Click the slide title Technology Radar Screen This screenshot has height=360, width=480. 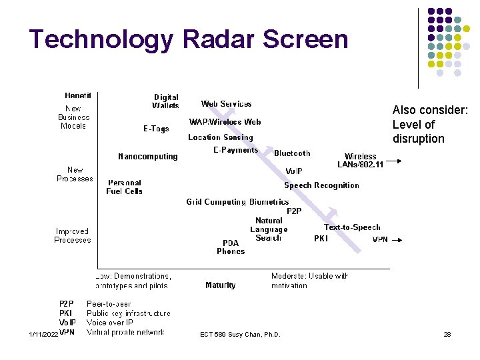pyautogui.click(x=189, y=39)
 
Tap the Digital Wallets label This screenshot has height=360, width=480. pyautogui.click(x=165, y=101)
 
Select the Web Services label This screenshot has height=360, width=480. pyautogui.click(x=227, y=104)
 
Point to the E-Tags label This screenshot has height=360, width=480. pyautogui.click(x=156, y=129)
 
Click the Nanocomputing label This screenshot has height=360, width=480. pyautogui.click(x=148, y=157)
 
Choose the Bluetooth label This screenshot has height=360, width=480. pyautogui.click(x=292, y=153)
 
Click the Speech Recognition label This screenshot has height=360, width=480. pyautogui.click(x=321, y=185)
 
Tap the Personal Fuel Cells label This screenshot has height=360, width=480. pyautogui.click(x=125, y=187)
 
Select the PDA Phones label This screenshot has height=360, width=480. pyautogui.click(x=231, y=247)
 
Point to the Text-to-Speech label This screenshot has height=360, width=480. pyautogui.click(x=352, y=227)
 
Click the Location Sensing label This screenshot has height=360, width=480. pyautogui.click(x=221, y=137)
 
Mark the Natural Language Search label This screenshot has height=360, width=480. pyautogui.click(x=269, y=229)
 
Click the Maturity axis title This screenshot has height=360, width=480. pyautogui.click(x=221, y=285)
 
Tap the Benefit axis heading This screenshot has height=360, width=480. pyautogui.click(x=78, y=95)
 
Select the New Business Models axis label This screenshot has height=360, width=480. pyautogui.click(x=73, y=117)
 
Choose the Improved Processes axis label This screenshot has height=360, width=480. pyautogui.click(x=73, y=236)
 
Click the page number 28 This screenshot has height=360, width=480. pyautogui.click(x=447, y=334)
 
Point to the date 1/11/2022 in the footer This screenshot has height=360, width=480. pyautogui.click(x=39, y=334)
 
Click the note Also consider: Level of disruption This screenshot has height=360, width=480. pyautogui.click(x=430, y=125)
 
